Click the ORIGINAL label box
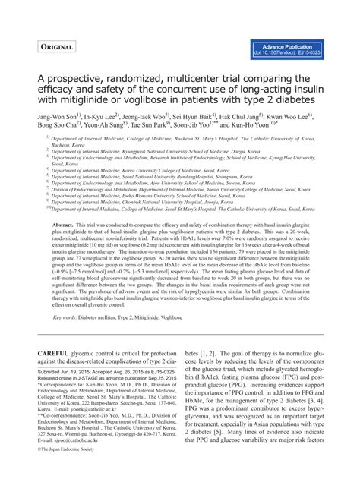coord(56,48)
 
